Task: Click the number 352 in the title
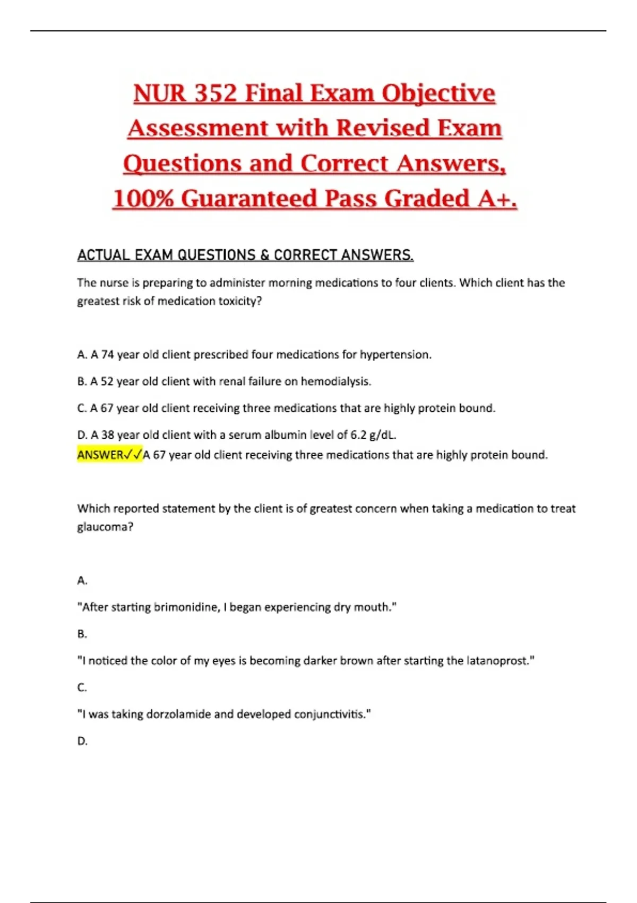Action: (x=215, y=93)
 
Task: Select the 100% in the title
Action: (x=143, y=199)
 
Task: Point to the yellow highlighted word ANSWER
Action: (x=100, y=455)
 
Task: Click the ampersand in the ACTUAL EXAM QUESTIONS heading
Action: (x=264, y=255)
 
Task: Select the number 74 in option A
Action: (x=107, y=354)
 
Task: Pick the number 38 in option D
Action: (x=107, y=435)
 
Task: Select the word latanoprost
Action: (x=499, y=661)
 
